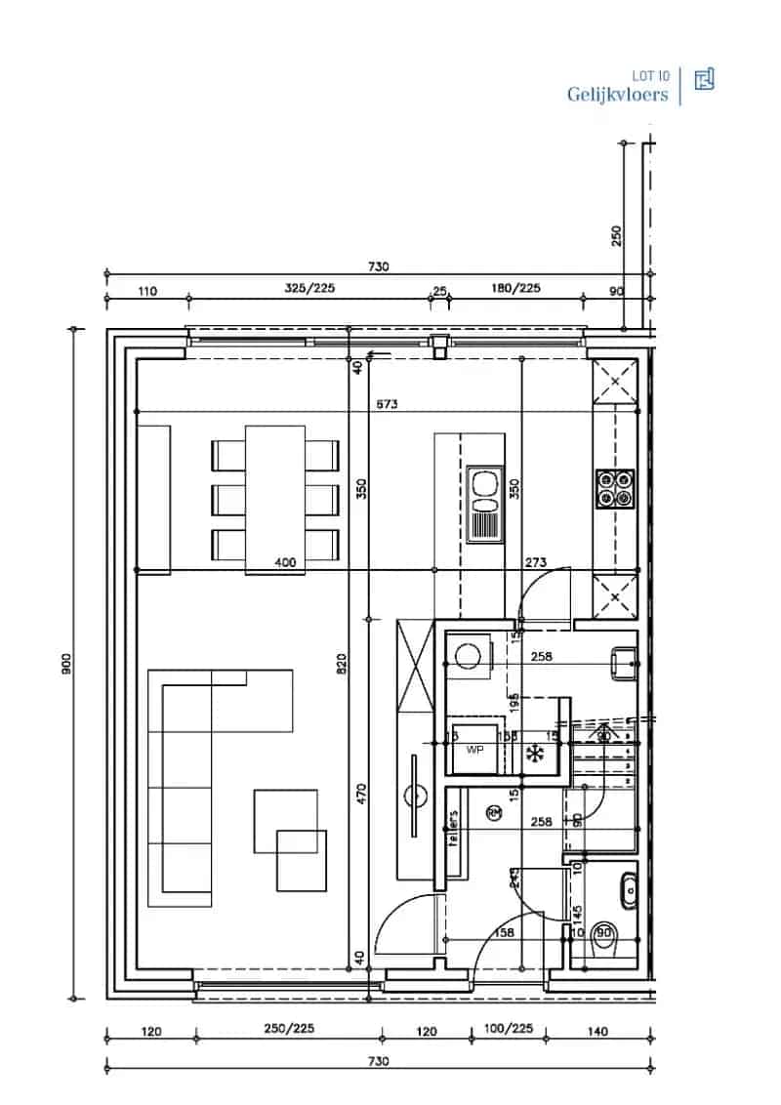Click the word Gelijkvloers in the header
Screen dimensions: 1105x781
pos(618,95)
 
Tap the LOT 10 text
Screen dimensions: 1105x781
pos(650,75)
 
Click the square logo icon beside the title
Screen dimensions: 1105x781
pos(704,80)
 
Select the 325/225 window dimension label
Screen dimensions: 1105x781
pos(305,289)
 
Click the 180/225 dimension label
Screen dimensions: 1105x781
pos(515,289)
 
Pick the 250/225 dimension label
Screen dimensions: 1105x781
pos(289,1030)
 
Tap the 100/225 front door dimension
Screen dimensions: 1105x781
pos(509,1030)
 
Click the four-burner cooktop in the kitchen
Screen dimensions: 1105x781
pos(615,489)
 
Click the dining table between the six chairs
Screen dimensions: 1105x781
pos(275,498)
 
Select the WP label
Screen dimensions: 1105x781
pos(475,751)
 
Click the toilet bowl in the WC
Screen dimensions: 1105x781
pos(605,932)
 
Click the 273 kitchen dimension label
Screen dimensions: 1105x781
pos(535,562)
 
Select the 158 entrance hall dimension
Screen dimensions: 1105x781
pos(503,933)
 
